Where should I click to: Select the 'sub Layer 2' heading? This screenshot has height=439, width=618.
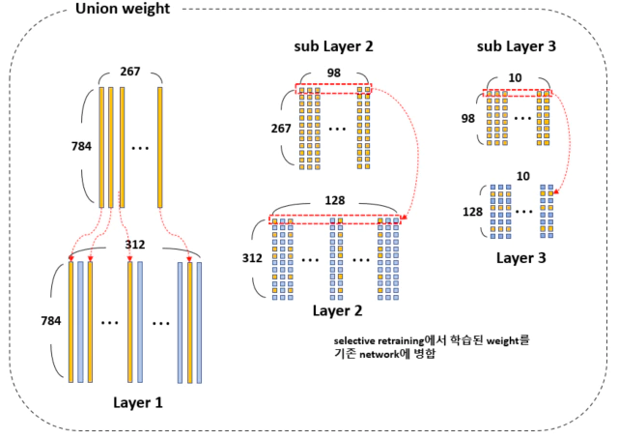pos(333,46)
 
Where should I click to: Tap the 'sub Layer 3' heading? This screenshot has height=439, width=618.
pos(517,46)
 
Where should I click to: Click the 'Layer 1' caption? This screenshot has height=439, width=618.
pos(137,402)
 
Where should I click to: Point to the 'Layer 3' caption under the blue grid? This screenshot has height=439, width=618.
pos(521,258)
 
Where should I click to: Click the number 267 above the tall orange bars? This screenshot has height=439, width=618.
pos(130,71)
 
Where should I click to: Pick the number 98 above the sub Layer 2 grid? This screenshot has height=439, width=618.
pos(334,73)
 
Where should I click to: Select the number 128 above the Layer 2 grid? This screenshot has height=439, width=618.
pos(335,200)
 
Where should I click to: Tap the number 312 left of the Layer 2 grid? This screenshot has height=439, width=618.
pos(252,258)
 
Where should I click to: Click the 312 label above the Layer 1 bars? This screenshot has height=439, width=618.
pos(135,245)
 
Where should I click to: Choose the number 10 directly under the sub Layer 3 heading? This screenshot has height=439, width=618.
pos(515,77)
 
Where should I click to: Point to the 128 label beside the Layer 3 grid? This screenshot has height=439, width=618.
pos(472,212)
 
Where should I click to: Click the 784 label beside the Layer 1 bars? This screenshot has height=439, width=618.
pos(51,321)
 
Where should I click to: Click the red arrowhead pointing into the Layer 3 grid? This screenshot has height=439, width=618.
pos(556,192)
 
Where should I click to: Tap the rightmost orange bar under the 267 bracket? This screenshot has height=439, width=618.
pos(160,147)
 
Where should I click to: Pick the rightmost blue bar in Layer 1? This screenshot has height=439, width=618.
pos(199,323)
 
